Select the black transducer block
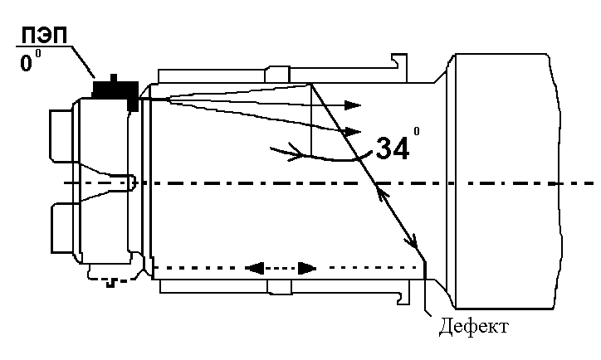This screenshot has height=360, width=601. click(114, 89)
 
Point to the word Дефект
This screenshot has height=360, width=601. click(474, 326)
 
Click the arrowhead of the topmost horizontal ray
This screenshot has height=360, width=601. click(354, 105)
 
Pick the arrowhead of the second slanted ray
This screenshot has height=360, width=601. click(354, 131)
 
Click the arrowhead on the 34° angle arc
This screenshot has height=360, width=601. click(295, 153)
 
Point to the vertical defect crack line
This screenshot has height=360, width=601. click(425, 286)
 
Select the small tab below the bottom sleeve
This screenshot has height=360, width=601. click(279, 287)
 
